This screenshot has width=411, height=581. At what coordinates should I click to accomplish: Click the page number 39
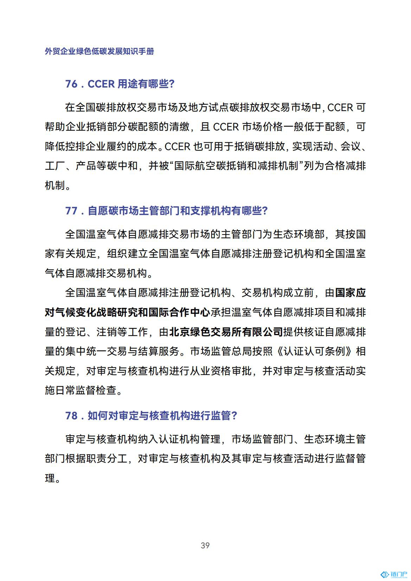pyautogui.click(x=205, y=545)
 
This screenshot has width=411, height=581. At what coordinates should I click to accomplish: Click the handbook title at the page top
pyautogui.click(x=99, y=51)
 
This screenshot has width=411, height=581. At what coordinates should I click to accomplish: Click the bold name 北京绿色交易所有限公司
pyautogui.click(x=226, y=332)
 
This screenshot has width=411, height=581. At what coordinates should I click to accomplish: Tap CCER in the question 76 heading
pyautogui.click(x=101, y=84)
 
